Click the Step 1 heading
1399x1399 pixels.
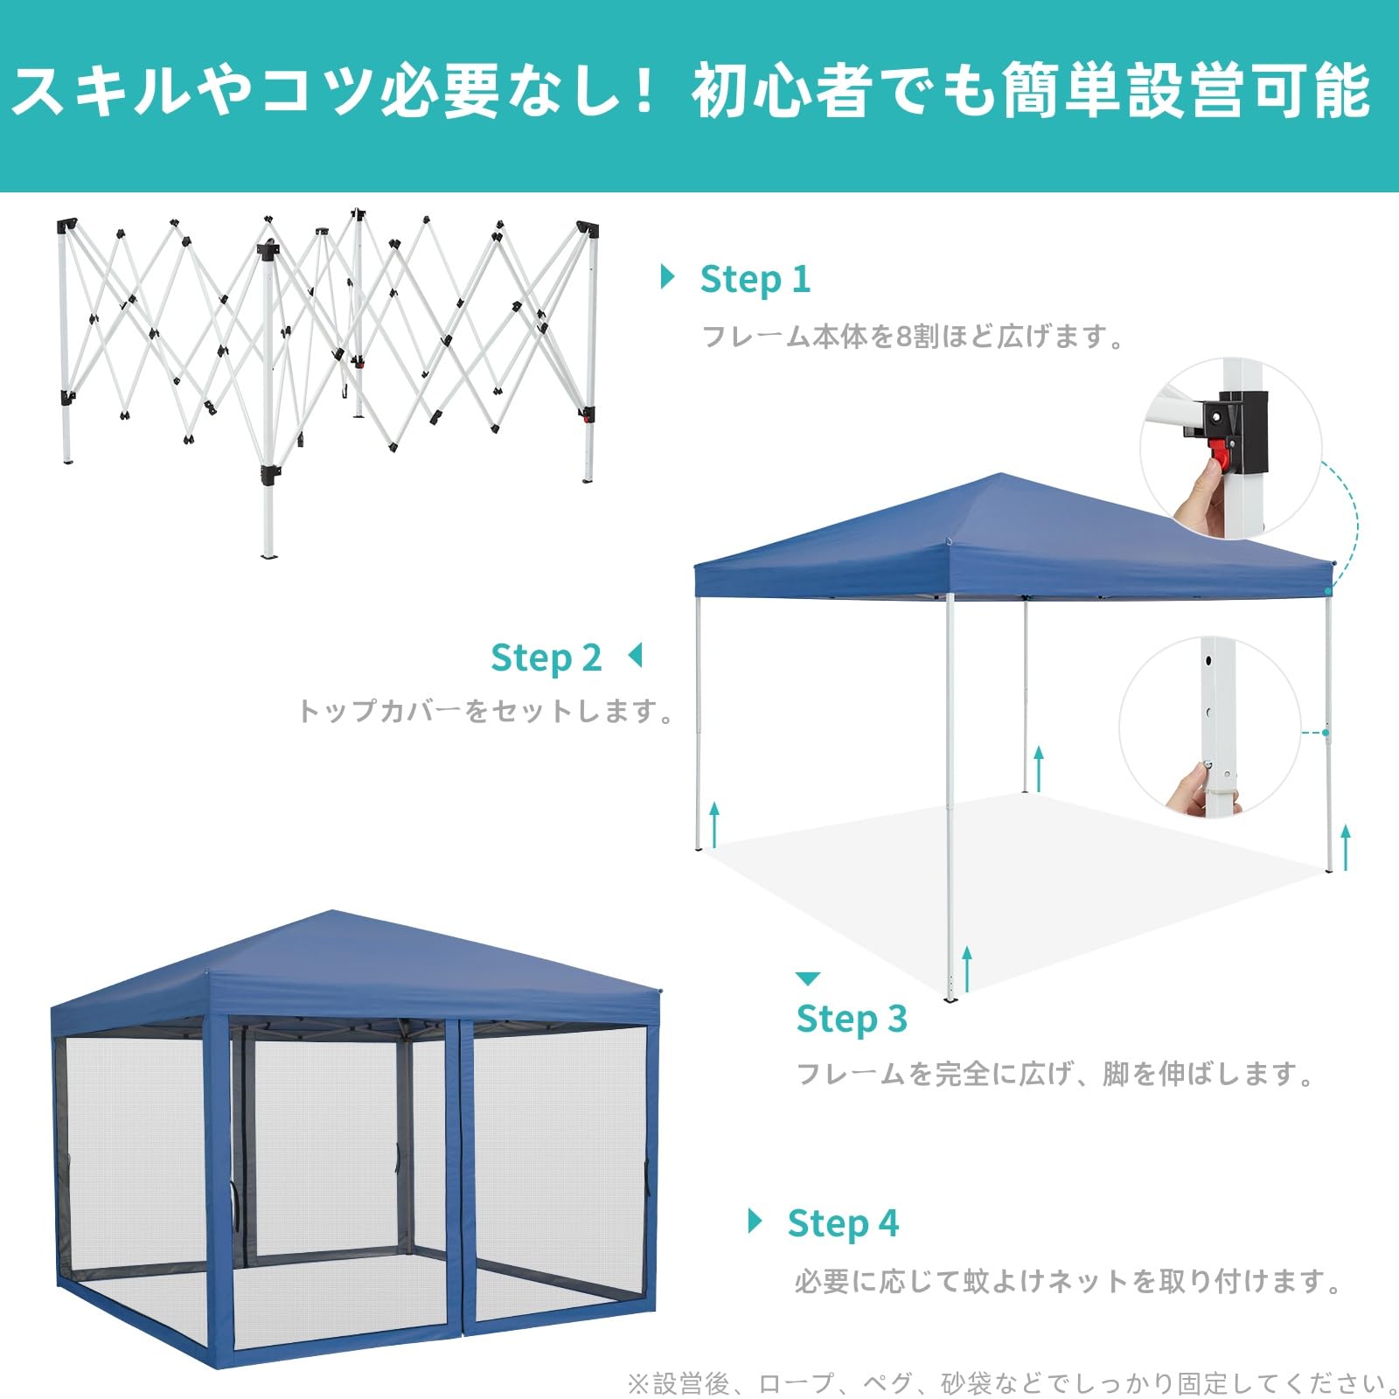pyautogui.click(x=755, y=280)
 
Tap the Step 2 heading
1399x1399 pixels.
pyautogui.click(x=546, y=658)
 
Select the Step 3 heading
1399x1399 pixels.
pyautogui.click(x=852, y=1019)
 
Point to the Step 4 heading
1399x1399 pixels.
pyautogui.click(x=843, y=1223)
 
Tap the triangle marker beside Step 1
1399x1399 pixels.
pyautogui.click(x=669, y=277)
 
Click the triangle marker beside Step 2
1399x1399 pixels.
pyautogui.click(x=636, y=655)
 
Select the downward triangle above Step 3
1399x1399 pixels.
pyautogui.click(x=808, y=978)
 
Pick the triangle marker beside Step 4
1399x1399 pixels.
pyautogui.click(x=755, y=1221)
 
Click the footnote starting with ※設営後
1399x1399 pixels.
pyautogui.click(x=1013, y=1383)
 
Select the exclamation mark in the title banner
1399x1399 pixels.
pyautogui.click(x=645, y=91)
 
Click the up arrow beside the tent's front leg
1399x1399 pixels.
pyautogui.click(x=967, y=969)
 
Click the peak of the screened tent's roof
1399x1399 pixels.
pyautogui.click(x=333, y=912)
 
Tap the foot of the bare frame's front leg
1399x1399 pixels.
pyautogui.click(x=268, y=553)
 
